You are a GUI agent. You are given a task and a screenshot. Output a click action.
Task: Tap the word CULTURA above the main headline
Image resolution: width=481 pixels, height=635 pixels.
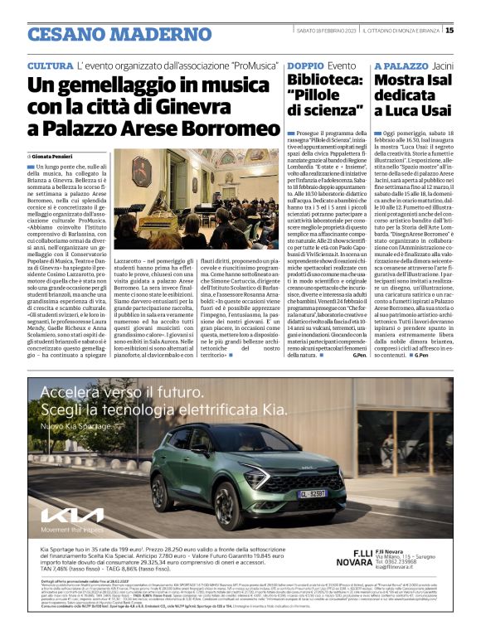50,65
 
